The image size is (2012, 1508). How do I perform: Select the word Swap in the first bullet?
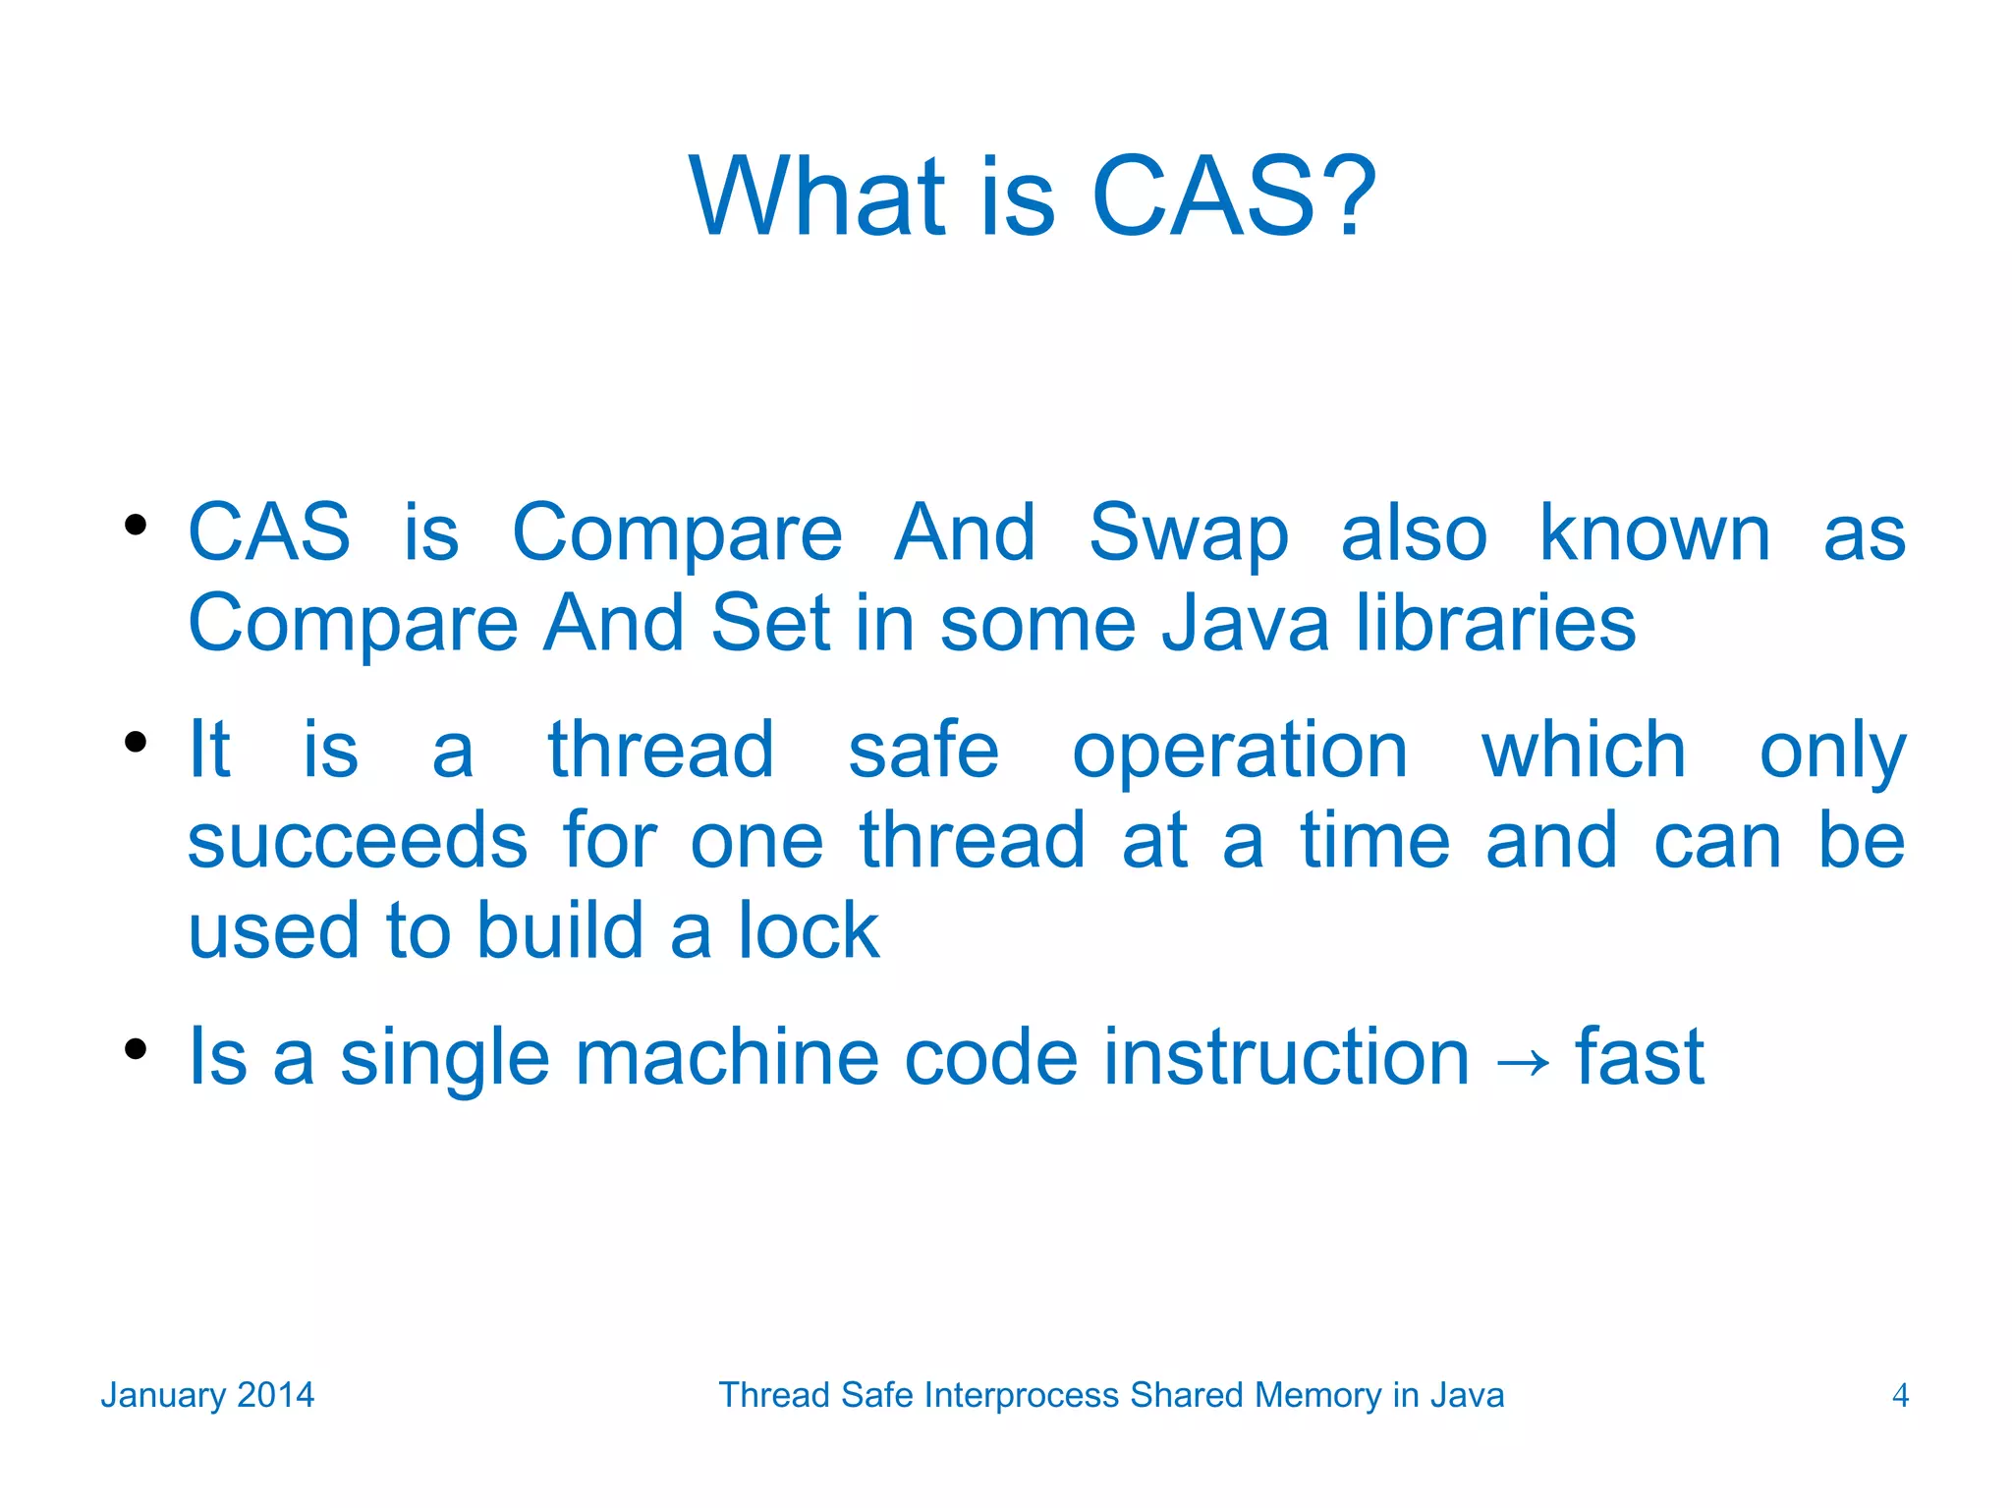pyautogui.click(x=1188, y=533)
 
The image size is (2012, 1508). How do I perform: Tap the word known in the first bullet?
pyautogui.click(x=1654, y=533)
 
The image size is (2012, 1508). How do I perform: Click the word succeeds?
pyautogui.click(x=358, y=841)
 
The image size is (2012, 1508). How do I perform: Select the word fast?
pyautogui.click(x=1640, y=1057)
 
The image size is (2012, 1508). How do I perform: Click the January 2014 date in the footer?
pyautogui.click(x=207, y=1395)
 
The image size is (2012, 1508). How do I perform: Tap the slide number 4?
pyautogui.click(x=1900, y=1395)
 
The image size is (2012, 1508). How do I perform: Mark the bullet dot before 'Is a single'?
pyautogui.click(x=136, y=1048)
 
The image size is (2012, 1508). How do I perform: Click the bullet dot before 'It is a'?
pyautogui.click(x=136, y=741)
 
